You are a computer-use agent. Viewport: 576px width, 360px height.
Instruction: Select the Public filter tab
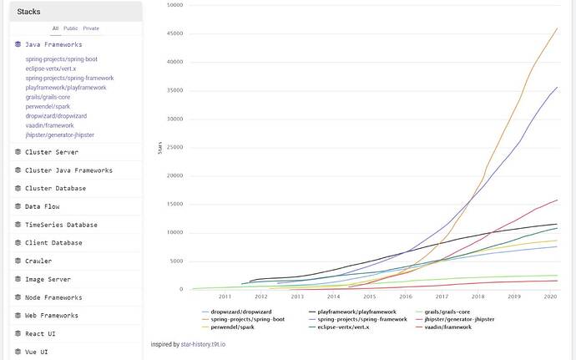71,28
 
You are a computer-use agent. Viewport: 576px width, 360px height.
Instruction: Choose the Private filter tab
90,28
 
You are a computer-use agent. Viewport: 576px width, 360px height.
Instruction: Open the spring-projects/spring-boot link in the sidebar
61,59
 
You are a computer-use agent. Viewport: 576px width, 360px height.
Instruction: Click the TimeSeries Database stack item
61,225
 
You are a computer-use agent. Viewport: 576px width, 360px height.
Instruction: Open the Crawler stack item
38,261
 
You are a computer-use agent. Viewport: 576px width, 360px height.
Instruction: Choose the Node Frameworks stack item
53,297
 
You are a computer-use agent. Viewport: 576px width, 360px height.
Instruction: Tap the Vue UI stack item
36,352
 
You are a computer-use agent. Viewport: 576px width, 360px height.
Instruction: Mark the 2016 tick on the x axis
406,297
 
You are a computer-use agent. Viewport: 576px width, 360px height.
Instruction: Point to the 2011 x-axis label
225,297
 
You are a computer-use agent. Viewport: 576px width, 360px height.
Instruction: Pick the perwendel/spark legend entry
228,327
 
